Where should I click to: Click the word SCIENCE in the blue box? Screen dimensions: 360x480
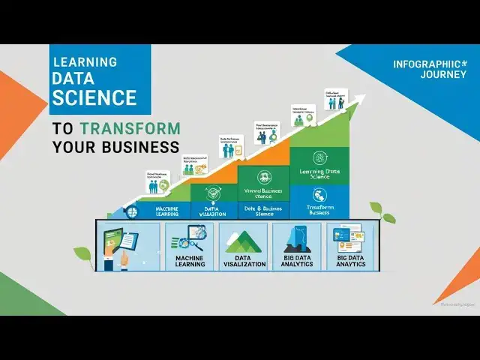tap(94, 97)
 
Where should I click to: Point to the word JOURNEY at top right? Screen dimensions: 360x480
tap(422, 75)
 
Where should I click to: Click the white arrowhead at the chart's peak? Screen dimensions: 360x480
tap(361, 98)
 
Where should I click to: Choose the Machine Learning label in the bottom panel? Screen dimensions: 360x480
tap(190, 261)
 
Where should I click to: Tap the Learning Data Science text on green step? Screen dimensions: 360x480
tap(319, 174)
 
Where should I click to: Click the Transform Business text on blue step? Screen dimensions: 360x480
tap(319, 208)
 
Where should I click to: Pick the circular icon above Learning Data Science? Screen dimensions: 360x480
tap(319, 157)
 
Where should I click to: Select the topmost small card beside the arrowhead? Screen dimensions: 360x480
tap(333, 100)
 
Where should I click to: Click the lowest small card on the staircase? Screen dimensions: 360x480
tap(158, 183)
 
